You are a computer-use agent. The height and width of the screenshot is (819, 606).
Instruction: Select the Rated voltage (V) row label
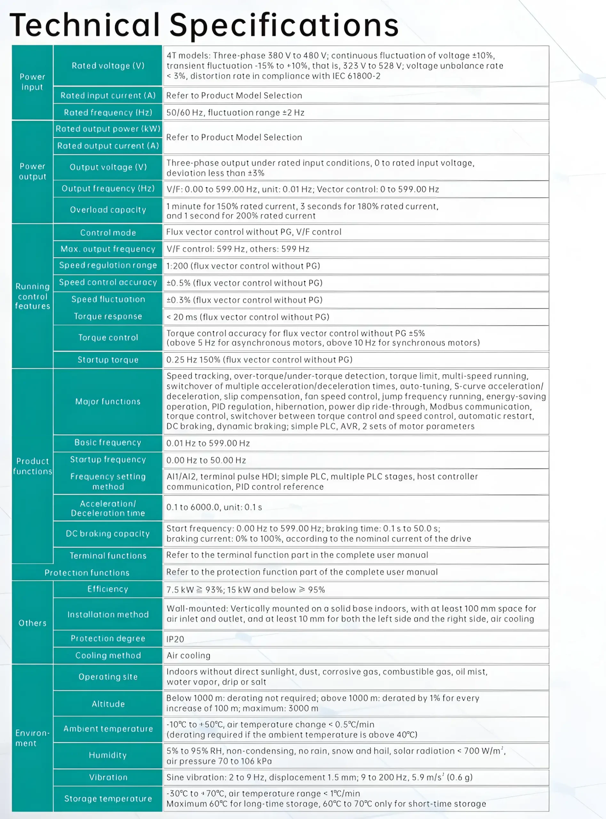(x=108, y=66)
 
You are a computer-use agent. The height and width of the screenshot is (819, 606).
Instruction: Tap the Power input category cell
(x=32, y=82)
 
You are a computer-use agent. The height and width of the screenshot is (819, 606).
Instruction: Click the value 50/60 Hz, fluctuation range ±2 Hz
(x=235, y=113)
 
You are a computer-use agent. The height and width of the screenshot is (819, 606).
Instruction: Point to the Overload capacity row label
(x=108, y=210)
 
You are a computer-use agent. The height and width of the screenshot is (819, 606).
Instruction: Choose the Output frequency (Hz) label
(x=108, y=188)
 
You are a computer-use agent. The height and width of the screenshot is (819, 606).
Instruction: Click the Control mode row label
(x=108, y=233)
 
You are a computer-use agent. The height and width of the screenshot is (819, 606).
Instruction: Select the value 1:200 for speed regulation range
(x=243, y=266)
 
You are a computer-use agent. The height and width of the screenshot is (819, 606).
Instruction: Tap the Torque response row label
(x=108, y=316)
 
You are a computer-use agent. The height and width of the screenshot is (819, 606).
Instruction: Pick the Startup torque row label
(x=108, y=360)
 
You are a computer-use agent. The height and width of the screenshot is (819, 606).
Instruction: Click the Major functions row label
(x=108, y=402)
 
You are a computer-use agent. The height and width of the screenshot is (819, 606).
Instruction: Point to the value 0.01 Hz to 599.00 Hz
(x=208, y=443)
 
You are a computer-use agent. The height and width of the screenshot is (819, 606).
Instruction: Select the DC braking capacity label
(x=108, y=534)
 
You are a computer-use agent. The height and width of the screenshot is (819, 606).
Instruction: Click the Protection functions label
(x=87, y=573)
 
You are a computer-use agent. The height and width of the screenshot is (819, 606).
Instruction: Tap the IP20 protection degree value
(x=175, y=639)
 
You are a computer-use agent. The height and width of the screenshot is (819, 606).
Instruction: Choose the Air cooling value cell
(x=188, y=656)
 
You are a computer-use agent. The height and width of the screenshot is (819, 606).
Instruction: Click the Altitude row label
(x=108, y=704)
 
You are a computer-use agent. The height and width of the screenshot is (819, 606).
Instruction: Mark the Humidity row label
(x=108, y=755)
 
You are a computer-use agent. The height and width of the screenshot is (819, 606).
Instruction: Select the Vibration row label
(x=108, y=777)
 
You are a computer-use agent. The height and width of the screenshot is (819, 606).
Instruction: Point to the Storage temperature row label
(x=108, y=799)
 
